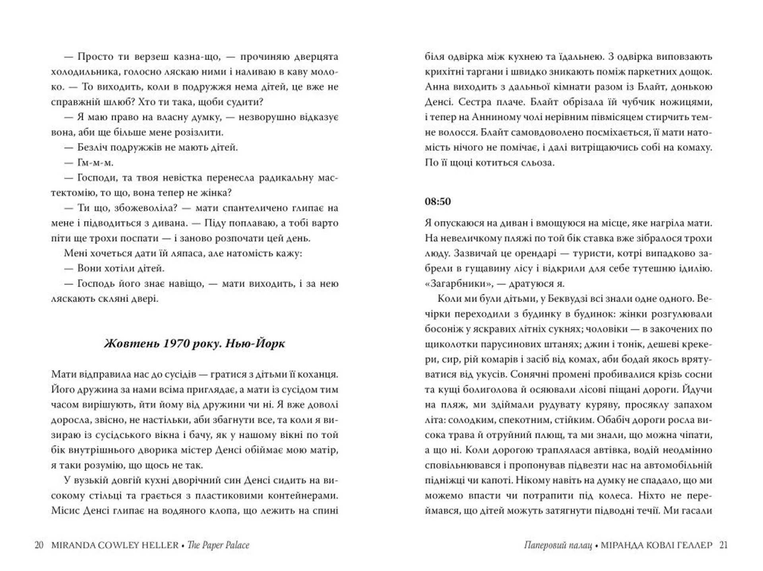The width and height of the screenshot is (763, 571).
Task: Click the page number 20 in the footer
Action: [x=39, y=545]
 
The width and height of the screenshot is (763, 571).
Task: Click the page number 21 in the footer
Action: [x=724, y=545]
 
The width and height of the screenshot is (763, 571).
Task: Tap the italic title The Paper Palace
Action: [x=218, y=545]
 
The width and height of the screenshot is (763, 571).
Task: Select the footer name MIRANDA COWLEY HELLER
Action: [x=115, y=545]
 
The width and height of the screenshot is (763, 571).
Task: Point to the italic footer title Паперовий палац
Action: [x=558, y=545]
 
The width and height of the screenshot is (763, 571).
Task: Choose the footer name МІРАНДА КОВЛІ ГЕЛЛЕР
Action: [x=656, y=545]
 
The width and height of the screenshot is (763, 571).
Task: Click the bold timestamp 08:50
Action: [x=438, y=201]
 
